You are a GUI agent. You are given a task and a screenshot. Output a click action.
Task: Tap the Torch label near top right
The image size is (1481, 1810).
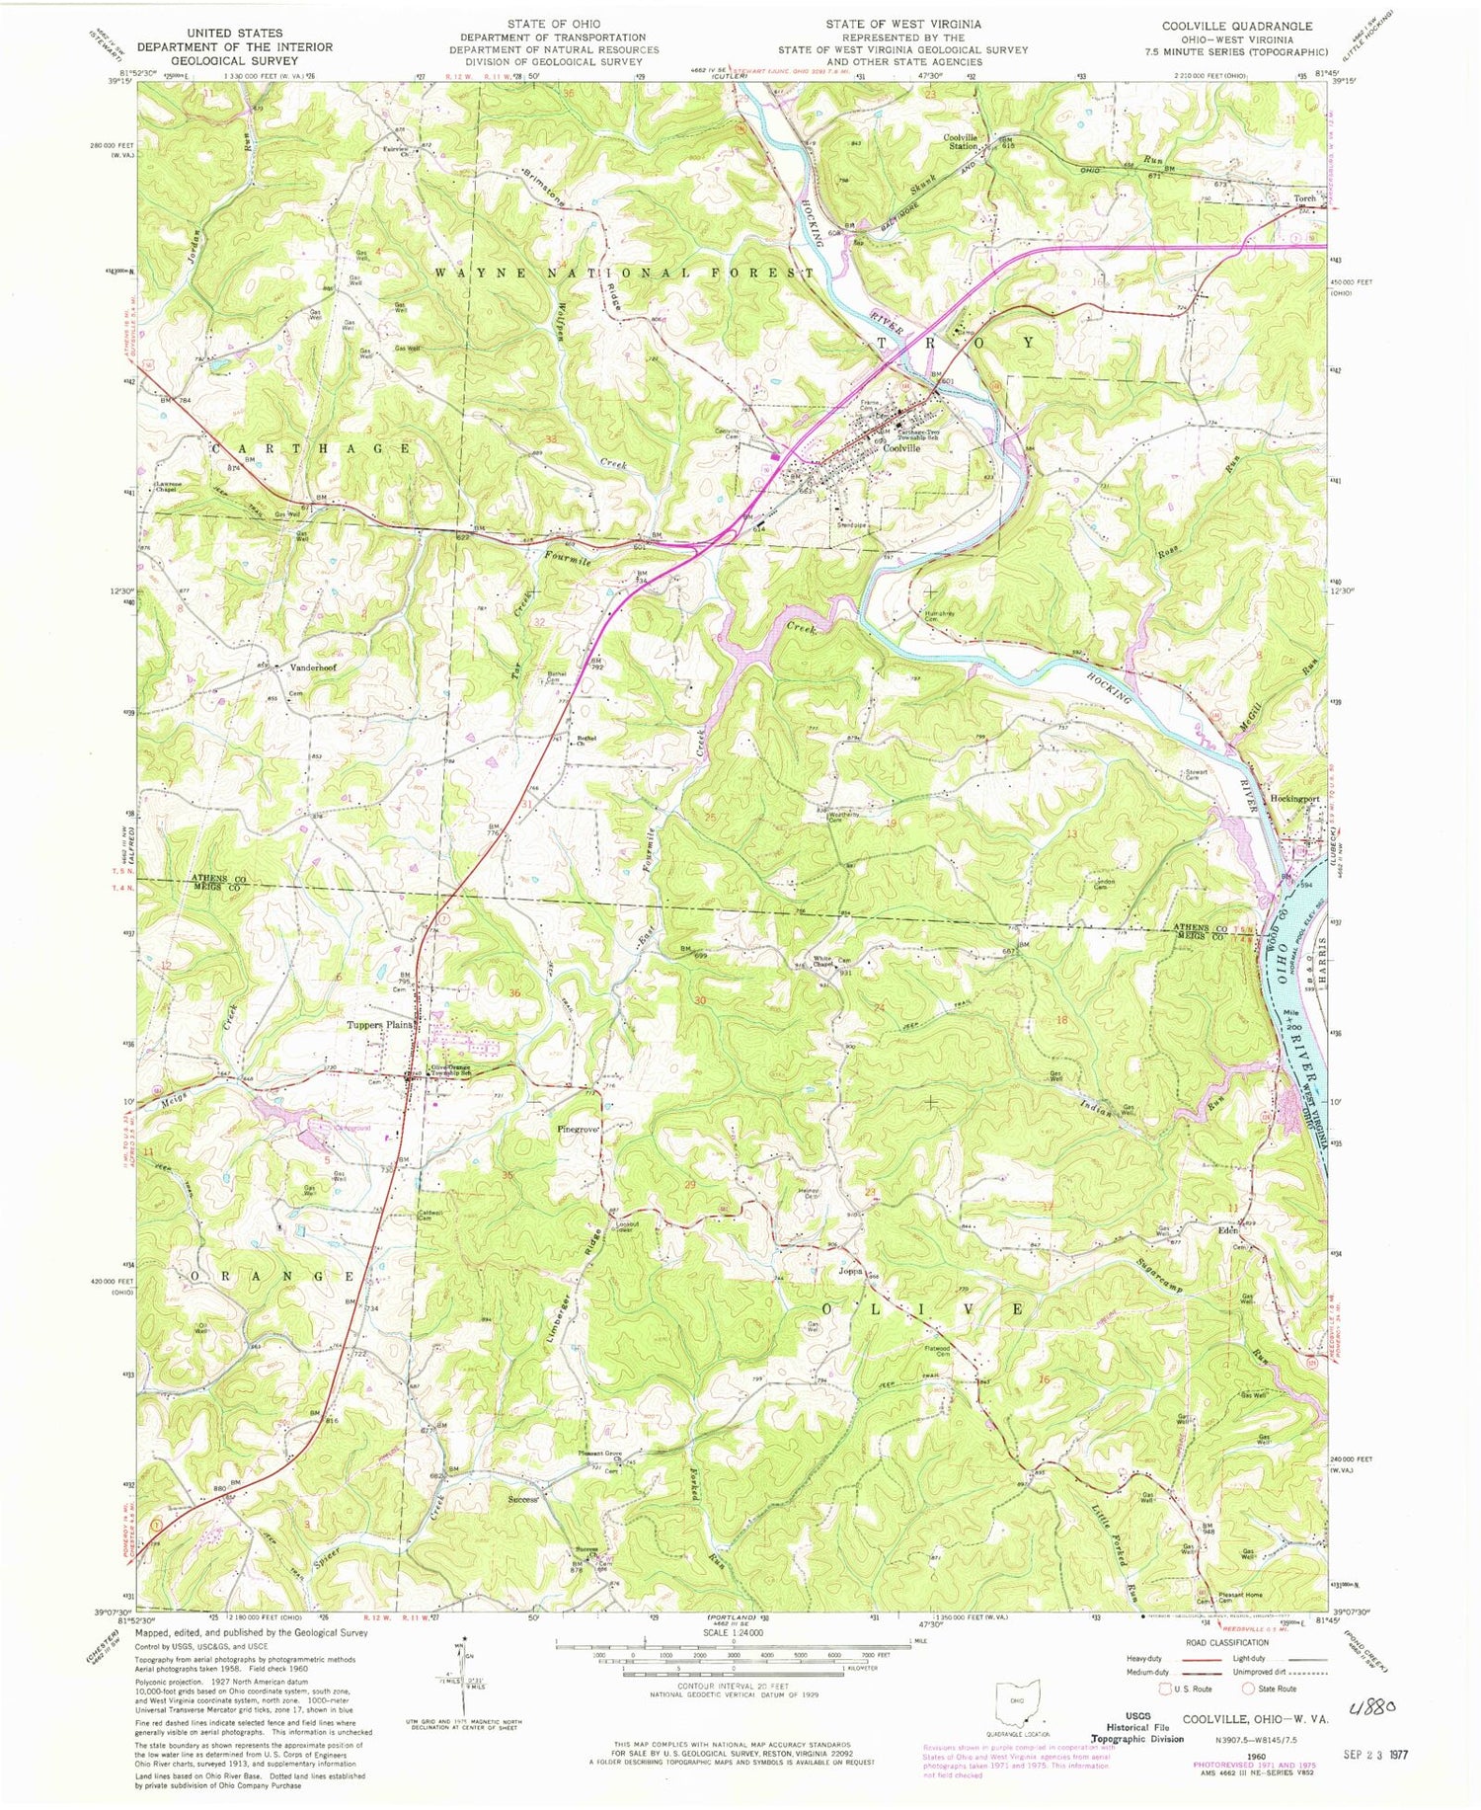point(1304,197)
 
